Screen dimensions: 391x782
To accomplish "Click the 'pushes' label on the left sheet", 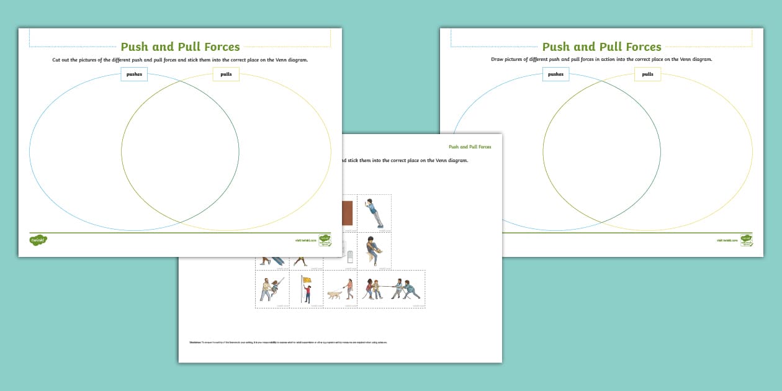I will [134, 74].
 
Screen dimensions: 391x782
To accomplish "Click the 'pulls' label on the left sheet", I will [226, 74].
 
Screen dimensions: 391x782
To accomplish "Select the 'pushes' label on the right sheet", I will [555, 74].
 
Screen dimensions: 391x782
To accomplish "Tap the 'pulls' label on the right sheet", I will [647, 74].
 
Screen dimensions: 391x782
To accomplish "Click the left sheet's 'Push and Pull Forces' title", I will [180, 47].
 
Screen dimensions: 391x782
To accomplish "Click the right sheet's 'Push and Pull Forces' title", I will [601, 47].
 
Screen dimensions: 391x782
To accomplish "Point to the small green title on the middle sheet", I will [470, 147].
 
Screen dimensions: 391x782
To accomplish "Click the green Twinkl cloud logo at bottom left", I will [38, 240].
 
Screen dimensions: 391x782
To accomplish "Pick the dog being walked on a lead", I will [335, 295].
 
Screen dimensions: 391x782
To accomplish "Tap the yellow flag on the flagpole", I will [307, 280].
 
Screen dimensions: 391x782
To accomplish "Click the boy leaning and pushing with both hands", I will [374, 213].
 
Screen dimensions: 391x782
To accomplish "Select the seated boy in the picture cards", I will [374, 249].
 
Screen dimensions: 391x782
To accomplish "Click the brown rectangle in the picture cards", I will [347, 212].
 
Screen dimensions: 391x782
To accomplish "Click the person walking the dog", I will [349, 289].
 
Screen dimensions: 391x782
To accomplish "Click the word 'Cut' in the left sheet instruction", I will [56, 60].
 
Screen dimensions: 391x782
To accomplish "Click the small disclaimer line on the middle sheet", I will [288, 342].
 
